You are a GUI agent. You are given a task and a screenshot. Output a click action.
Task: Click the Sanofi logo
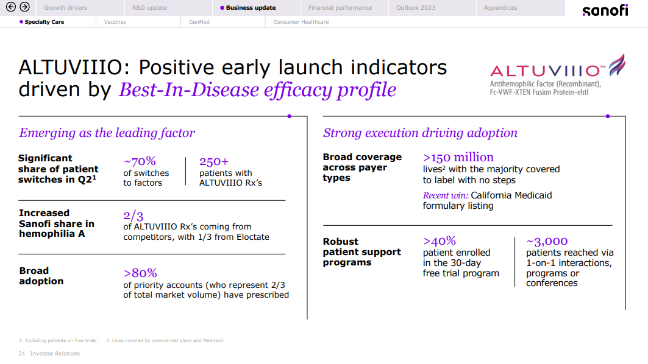click(x=605, y=10)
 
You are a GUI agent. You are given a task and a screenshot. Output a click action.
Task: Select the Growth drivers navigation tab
click(x=65, y=8)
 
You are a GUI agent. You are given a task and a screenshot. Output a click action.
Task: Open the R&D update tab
click(x=149, y=8)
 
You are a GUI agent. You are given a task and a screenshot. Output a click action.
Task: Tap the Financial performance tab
click(x=340, y=8)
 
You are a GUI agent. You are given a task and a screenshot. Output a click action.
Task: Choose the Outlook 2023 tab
click(x=416, y=8)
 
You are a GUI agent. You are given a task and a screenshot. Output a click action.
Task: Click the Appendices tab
click(x=500, y=8)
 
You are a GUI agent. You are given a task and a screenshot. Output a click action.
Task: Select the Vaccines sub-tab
click(x=115, y=22)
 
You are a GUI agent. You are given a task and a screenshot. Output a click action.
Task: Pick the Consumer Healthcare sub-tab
click(x=301, y=22)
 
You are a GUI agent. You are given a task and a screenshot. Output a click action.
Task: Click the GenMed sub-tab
click(x=190, y=22)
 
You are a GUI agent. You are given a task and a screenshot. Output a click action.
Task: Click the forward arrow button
click(x=24, y=7)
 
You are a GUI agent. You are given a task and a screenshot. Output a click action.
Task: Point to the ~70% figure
click(x=140, y=161)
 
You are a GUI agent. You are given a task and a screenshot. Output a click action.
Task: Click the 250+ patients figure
click(x=214, y=161)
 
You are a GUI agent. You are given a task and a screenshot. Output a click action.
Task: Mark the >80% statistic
click(x=140, y=273)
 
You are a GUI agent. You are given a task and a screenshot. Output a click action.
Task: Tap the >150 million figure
click(x=458, y=157)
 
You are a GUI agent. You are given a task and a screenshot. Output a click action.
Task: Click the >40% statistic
click(x=440, y=240)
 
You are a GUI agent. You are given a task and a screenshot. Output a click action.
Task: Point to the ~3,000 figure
click(x=547, y=241)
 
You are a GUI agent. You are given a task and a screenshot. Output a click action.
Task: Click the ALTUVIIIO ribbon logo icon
click(x=616, y=66)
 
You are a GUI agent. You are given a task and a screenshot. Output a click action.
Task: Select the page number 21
click(x=22, y=354)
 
